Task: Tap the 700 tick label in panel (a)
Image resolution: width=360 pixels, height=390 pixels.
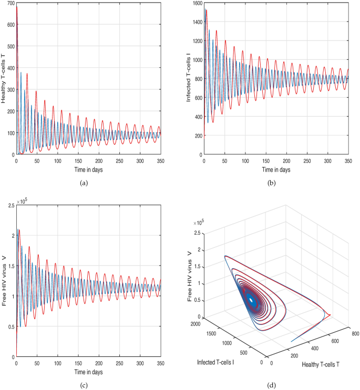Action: (x=10, y=5)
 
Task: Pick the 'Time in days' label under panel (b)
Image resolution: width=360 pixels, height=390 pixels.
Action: (x=276, y=170)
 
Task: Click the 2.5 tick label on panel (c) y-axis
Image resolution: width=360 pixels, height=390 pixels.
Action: (x=10, y=206)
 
